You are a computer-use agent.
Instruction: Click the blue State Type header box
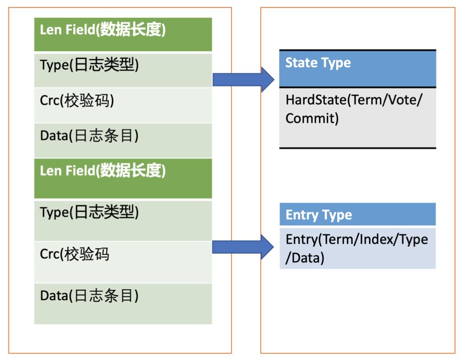pyautogui.click(x=357, y=69)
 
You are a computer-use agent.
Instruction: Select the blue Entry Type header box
pyautogui.click(x=357, y=214)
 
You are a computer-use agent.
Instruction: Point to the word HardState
pyautogui.click(x=316, y=100)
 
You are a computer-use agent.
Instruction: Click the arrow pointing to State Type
pyautogui.click(x=243, y=80)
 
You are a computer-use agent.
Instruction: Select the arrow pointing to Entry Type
pyautogui.click(x=243, y=247)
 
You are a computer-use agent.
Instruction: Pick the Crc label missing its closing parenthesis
pyautogui.click(x=74, y=254)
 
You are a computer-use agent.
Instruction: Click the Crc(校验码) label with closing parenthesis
pyautogui.click(x=77, y=100)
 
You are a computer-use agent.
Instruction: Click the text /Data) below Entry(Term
pyautogui.click(x=305, y=258)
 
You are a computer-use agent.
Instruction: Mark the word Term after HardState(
pyautogui.click(x=366, y=100)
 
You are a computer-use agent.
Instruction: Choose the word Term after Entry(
pyautogui.click(x=338, y=239)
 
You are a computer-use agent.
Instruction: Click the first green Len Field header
pyautogui.click(x=123, y=34)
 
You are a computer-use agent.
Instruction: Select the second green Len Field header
pyautogui.click(x=123, y=178)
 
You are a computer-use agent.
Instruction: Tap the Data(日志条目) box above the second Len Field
pyautogui.click(x=123, y=141)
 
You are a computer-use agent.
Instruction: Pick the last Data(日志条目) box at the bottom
pyautogui.click(x=123, y=304)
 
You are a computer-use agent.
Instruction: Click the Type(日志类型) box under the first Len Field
pyautogui.click(x=123, y=70)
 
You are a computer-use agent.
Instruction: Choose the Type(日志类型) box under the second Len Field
pyautogui.click(x=123, y=220)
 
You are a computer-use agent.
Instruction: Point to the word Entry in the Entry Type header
pyautogui.click(x=301, y=215)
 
